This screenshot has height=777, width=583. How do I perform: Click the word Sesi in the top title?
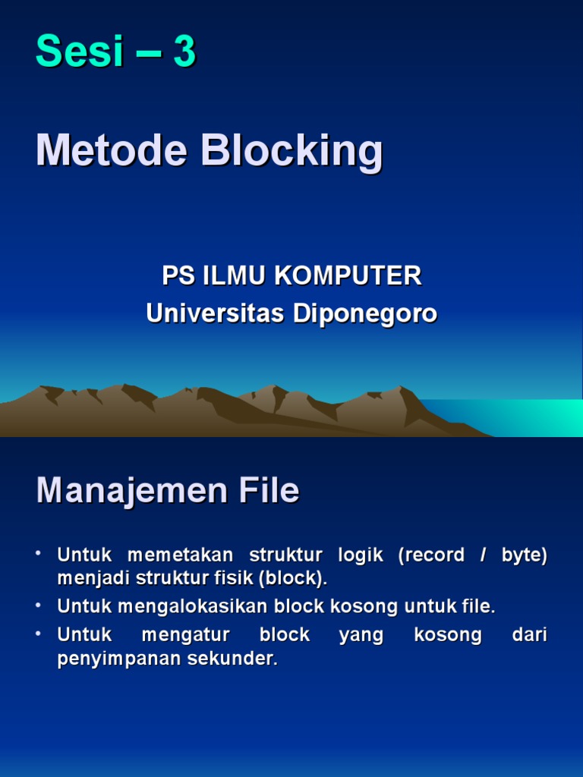point(80,53)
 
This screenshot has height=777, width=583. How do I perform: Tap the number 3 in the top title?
point(184,53)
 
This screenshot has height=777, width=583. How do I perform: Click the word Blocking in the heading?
point(292,152)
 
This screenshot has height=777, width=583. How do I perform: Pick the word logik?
point(361,555)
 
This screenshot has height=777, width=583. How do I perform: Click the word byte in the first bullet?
point(523,555)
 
